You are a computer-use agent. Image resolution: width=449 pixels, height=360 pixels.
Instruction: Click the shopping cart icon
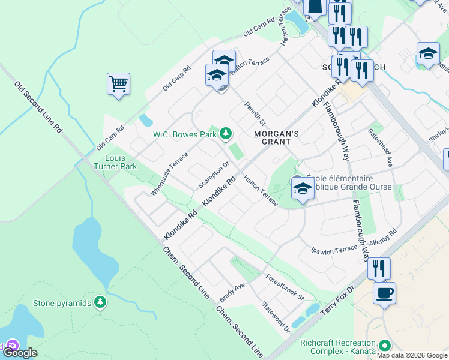point(118,84)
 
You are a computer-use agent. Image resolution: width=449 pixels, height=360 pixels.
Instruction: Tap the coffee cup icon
point(384,293)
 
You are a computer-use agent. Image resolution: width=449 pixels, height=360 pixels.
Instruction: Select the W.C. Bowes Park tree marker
point(225,133)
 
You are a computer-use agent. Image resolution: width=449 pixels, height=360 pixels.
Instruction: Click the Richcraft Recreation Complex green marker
point(383,346)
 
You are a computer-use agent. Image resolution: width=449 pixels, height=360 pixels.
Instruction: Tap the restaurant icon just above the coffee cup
point(379,268)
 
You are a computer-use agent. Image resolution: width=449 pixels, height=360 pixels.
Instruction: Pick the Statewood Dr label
point(276,317)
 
